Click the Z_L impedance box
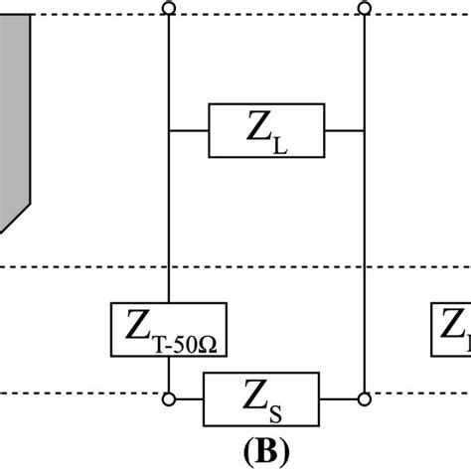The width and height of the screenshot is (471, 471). (265, 130)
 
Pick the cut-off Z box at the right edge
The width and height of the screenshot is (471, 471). (451, 330)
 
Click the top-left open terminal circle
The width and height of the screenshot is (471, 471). (168, 9)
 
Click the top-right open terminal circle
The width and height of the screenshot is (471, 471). (365, 9)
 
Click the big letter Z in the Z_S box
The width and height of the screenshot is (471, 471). (253, 394)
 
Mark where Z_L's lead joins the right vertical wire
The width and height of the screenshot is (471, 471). (365, 130)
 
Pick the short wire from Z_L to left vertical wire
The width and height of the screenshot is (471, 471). (188, 130)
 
